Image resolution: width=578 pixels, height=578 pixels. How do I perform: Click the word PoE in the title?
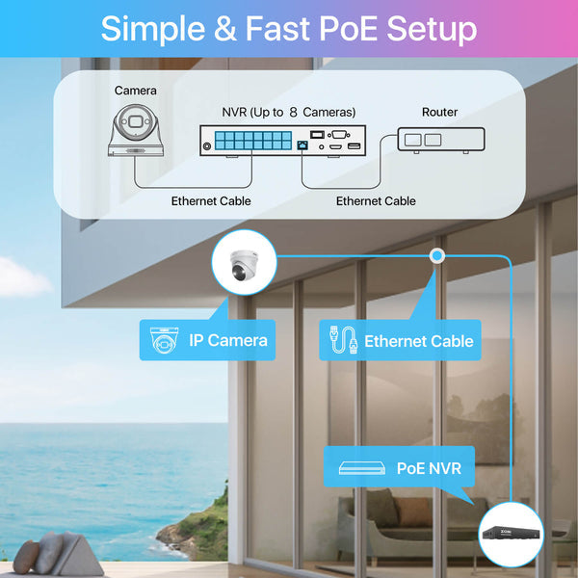343,28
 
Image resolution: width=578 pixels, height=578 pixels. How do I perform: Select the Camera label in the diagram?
136,91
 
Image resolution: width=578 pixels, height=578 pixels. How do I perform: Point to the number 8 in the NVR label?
291,112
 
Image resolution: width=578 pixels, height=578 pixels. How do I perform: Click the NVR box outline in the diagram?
281,142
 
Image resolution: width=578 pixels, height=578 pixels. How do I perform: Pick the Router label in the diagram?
439,113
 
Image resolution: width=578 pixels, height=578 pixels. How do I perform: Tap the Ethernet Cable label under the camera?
211,201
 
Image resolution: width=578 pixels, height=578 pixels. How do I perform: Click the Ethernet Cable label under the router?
376,201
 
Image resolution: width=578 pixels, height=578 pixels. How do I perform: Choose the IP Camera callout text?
228,340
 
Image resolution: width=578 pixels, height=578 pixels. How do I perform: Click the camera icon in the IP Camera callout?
166,340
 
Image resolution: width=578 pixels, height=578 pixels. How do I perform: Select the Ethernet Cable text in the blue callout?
418,341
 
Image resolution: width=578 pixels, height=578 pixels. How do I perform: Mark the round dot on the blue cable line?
436,256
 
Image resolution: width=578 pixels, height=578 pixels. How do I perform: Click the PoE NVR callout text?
429,469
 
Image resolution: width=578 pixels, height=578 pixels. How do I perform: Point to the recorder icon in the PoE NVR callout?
361,469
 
